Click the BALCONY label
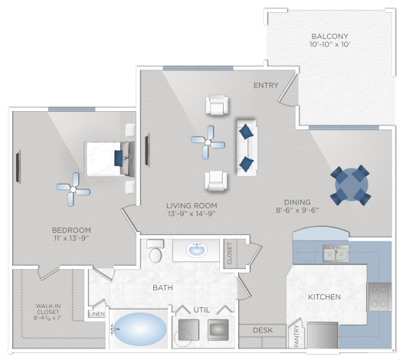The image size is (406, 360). [x=329, y=36]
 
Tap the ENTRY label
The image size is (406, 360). [x=266, y=85]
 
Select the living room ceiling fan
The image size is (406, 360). [x=208, y=142]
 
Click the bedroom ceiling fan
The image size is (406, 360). [x=74, y=190]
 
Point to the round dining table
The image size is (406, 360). [x=351, y=185]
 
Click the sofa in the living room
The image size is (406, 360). [x=247, y=148]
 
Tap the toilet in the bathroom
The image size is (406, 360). [x=156, y=250]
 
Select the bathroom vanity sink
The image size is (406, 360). [x=197, y=250]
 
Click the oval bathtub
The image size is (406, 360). [x=140, y=329]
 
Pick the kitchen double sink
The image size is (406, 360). [x=336, y=254]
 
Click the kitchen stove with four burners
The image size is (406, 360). [x=379, y=296]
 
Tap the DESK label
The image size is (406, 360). [x=263, y=330]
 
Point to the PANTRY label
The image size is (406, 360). [x=296, y=336]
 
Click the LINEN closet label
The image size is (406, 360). [x=97, y=314]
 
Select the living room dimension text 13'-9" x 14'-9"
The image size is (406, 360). [x=192, y=214]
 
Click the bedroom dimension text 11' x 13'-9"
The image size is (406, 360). [x=71, y=237]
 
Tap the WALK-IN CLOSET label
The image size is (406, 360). [x=48, y=309]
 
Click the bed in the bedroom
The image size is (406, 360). [x=110, y=159]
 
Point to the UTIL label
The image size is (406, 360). [x=201, y=309]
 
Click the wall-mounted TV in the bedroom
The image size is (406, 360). [x=18, y=167]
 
